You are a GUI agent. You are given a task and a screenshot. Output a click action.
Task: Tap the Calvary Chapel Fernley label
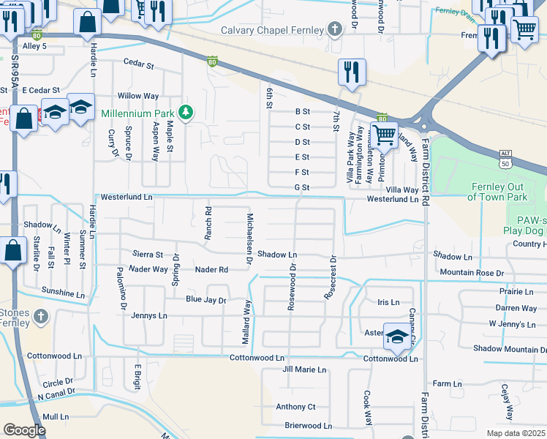[272, 30]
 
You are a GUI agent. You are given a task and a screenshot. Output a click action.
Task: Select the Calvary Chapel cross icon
[335, 29]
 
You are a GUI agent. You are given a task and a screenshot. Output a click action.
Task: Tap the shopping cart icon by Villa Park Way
[383, 135]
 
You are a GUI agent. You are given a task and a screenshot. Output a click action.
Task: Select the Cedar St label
[138, 64]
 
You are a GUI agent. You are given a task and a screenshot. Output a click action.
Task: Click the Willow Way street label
[138, 96]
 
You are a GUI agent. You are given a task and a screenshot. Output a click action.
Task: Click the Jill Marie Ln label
[303, 369]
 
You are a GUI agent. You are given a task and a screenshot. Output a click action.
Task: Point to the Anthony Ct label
[295, 407]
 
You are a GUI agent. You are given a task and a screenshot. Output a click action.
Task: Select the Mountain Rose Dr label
[472, 273]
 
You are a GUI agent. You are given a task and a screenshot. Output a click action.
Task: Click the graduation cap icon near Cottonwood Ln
[397, 337]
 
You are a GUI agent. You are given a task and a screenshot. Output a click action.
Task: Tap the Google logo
[24, 430]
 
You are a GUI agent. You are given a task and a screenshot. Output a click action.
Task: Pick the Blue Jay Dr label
[205, 300]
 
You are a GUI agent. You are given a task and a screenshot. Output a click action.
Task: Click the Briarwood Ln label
[308, 426]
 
